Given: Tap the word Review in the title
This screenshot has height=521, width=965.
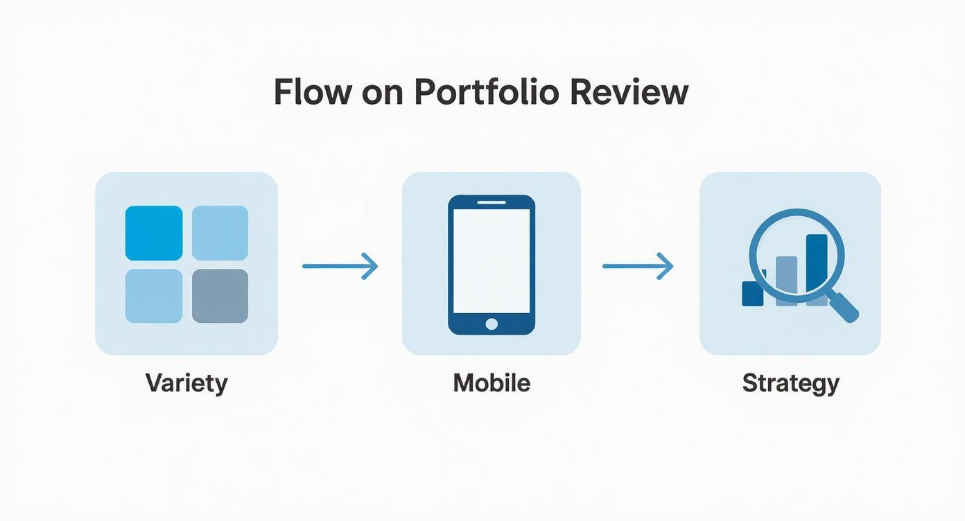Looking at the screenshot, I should [629, 92].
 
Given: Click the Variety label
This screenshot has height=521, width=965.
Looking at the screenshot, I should [186, 383].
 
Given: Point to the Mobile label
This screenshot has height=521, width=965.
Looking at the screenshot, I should [492, 383].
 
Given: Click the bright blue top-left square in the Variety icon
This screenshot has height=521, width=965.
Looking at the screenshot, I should [154, 233].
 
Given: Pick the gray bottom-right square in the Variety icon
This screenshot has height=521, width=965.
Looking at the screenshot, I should [220, 296].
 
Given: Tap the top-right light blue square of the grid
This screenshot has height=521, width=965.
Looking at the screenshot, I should [220, 233].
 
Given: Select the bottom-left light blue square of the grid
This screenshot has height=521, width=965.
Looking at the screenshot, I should [154, 296].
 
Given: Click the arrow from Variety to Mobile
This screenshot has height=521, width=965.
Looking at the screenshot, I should [340, 266].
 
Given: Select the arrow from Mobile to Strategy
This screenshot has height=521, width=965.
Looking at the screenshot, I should [638, 266].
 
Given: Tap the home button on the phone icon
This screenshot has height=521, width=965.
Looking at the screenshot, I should [492, 324].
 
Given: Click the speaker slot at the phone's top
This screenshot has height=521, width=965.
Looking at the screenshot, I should [492, 202].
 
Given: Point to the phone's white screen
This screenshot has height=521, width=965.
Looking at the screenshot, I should [492, 260].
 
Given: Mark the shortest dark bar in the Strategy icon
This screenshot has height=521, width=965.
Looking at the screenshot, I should [752, 293].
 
